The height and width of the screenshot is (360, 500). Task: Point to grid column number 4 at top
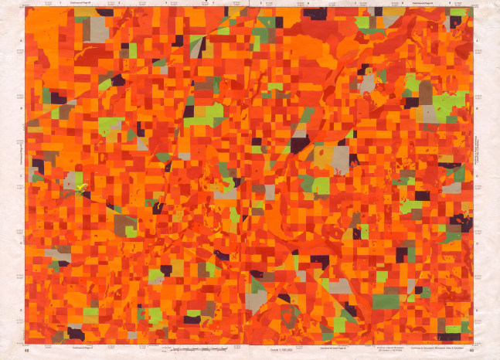point(212,4)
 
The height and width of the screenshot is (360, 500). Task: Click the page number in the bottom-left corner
point(28,352)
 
